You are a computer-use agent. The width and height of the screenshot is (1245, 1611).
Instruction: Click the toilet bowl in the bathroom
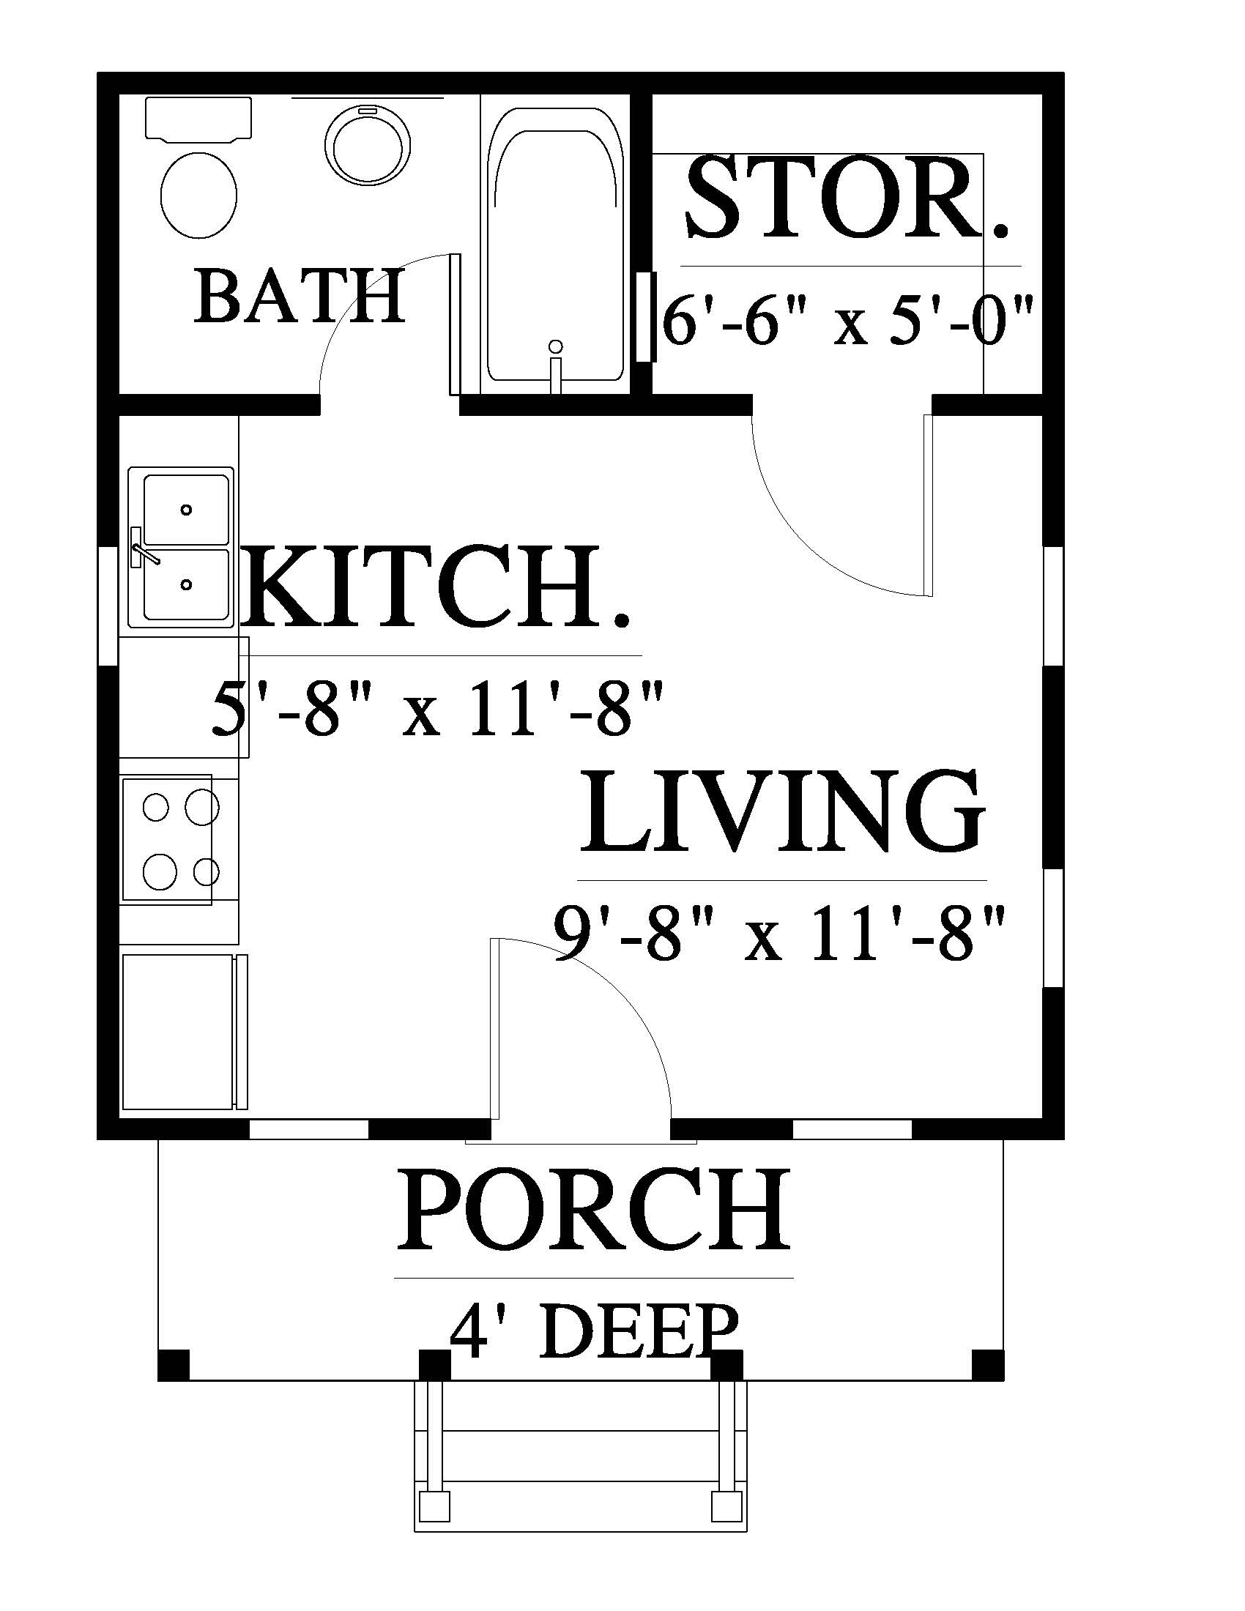point(199,196)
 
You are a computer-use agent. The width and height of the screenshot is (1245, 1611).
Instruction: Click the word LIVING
point(783,811)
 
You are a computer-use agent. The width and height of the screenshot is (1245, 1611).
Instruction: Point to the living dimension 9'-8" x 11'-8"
point(780,934)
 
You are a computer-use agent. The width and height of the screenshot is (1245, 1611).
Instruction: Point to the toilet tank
point(198,119)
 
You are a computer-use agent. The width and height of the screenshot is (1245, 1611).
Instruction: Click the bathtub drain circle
point(556,346)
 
